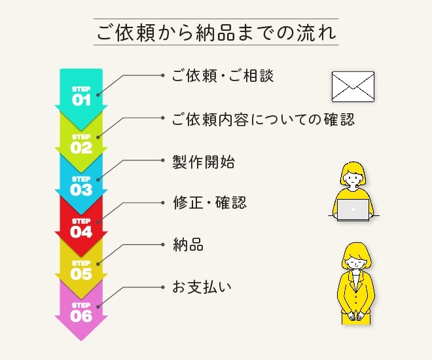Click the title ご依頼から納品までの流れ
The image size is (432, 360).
(x=216, y=32)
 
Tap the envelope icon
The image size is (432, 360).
(x=352, y=86)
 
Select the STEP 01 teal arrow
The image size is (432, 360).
(x=81, y=95)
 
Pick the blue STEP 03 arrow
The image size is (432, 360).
(x=81, y=185)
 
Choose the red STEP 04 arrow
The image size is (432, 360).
(x=81, y=226)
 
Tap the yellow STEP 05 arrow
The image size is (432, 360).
(x=81, y=269)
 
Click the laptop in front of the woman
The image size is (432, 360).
(x=353, y=209)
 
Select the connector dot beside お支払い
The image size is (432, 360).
(x=162, y=287)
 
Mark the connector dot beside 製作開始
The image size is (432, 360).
(x=162, y=161)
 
